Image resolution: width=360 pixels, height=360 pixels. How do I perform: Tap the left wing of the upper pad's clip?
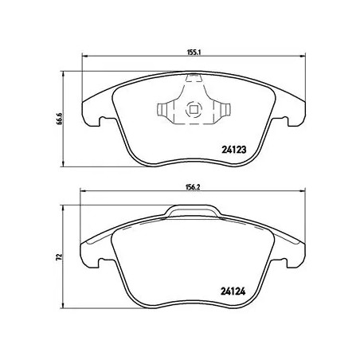click(x=168, y=109)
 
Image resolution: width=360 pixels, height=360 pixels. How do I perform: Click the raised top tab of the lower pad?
click(x=192, y=210)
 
